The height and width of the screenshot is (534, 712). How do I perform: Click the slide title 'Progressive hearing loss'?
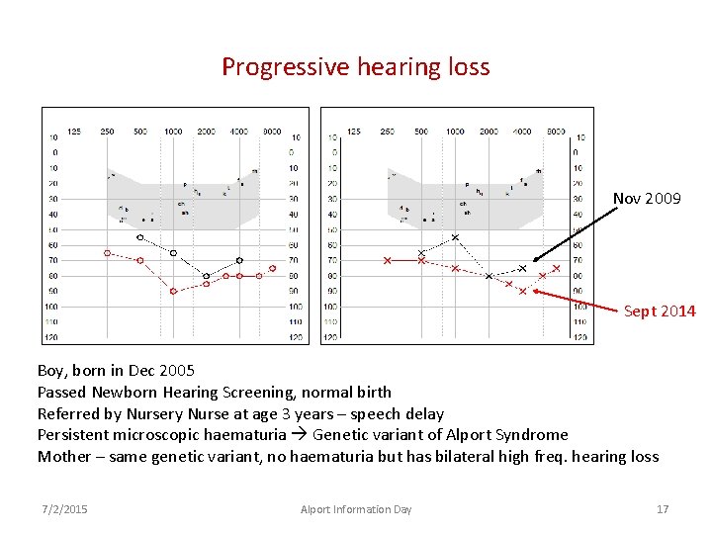point(355,66)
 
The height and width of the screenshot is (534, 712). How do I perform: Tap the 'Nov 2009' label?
point(647,199)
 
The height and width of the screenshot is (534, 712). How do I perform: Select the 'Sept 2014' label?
point(660,311)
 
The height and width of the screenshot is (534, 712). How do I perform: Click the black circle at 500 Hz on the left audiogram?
point(139,237)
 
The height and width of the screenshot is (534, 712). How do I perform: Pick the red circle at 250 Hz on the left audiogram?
point(107,253)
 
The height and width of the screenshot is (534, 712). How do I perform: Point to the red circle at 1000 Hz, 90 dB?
point(173,291)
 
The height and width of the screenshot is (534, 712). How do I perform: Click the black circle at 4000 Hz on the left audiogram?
point(239,260)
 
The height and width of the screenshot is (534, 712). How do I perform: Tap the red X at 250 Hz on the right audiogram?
point(387,260)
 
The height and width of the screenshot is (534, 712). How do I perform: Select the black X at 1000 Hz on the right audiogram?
point(455,237)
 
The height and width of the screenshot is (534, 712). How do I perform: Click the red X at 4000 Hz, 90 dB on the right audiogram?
point(522,291)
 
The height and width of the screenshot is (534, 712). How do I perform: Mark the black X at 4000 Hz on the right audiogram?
point(522,268)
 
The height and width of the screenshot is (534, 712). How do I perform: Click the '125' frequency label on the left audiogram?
point(73,132)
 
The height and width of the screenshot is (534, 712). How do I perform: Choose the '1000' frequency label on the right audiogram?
point(455,132)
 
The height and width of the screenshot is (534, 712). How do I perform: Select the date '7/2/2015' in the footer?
point(64,509)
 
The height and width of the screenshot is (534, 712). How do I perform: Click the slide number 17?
point(663,509)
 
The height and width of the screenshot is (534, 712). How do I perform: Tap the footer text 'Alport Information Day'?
point(356,509)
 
